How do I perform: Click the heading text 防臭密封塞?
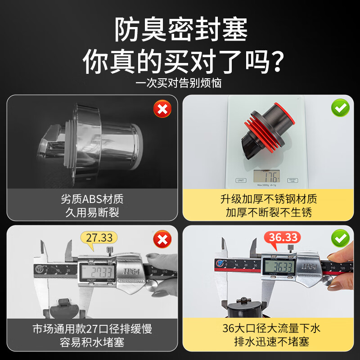[180, 31]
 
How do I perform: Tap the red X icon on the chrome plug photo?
[162, 109]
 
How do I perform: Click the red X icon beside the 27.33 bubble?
[162, 238]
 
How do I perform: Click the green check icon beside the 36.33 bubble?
[340, 238]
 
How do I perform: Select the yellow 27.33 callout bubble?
[99, 237]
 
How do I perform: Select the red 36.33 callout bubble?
[282, 237]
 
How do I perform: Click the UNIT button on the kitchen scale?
[241, 180]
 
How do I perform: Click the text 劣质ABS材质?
[92, 198]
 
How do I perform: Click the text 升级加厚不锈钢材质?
[269, 198]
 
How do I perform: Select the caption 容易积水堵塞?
[92, 342]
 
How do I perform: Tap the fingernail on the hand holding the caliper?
[333, 258]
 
